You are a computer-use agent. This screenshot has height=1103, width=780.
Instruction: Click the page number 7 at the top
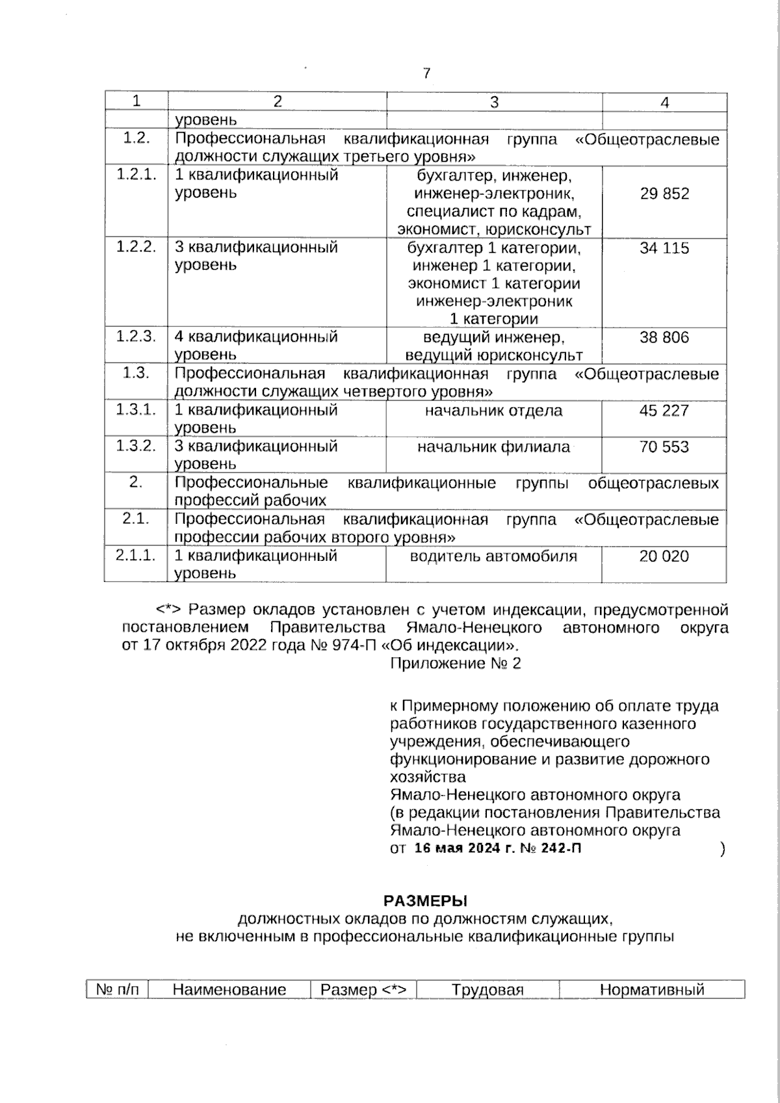click(x=426, y=73)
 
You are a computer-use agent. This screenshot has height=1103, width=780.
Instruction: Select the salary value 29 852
click(x=664, y=194)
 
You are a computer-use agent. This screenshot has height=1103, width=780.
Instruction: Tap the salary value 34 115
click(x=664, y=248)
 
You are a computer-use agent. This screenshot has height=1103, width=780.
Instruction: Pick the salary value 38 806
click(x=664, y=337)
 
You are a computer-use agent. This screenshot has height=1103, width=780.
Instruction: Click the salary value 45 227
click(x=664, y=411)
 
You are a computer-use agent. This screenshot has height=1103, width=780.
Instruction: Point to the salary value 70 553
click(x=664, y=447)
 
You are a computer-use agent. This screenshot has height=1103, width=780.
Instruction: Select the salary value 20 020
click(x=664, y=556)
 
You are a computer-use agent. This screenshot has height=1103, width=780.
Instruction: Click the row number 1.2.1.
click(x=136, y=175)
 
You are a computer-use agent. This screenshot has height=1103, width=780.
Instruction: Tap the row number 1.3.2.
click(x=136, y=446)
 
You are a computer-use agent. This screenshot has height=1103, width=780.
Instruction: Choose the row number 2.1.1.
click(x=136, y=555)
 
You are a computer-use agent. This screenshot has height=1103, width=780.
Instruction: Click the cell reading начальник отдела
click(x=494, y=411)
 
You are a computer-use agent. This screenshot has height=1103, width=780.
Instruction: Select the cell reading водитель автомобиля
click(x=493, y=556)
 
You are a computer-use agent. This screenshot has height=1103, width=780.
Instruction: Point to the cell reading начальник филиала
click(x=493, y=447)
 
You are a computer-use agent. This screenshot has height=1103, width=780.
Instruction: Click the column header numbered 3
click(x=494, y=102)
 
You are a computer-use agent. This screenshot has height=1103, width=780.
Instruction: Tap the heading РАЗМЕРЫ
click(x=426, y=901)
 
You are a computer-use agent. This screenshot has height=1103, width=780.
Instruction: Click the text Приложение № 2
click(x=456, y=664)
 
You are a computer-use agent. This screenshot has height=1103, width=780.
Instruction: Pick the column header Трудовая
click(x=487, y=990)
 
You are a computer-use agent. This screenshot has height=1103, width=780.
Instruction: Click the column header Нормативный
click(x=652, y=990)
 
